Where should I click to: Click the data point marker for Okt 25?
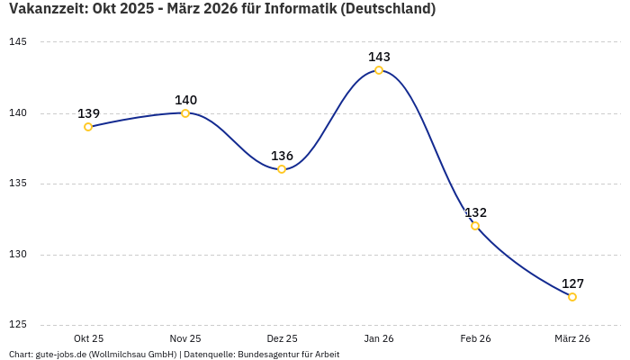88,127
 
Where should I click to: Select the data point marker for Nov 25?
185,113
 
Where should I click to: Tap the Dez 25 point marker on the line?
282,169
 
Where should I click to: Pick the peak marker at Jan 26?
379,70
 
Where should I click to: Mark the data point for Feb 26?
475,226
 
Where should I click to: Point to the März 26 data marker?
572,297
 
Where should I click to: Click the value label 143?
379,57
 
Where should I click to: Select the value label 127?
572,283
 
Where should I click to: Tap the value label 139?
88,113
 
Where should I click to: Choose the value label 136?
282,156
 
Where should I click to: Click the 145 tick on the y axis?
18,42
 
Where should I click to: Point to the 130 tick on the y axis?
18,255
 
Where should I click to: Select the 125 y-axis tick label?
18,325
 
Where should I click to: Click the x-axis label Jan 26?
379,338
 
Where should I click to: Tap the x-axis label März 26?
572,338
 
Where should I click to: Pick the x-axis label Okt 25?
88,338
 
